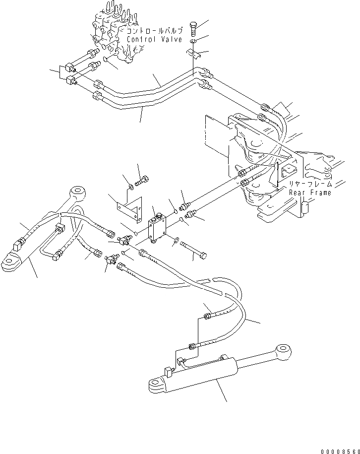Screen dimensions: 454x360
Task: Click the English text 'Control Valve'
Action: tap(154, 39)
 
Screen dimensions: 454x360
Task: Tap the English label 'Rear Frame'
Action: tap(310, 193)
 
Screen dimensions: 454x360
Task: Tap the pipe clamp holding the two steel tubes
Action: tap(194, 51)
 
